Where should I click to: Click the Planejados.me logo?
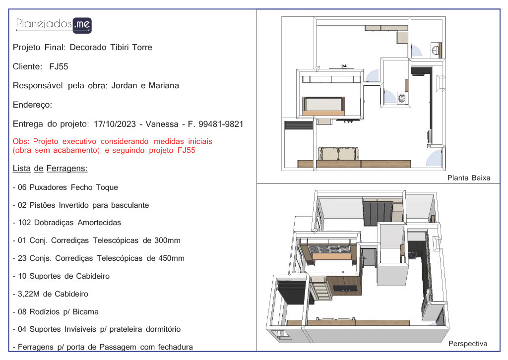click(x=54, y=25)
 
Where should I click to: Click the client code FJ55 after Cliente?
click(x=59, y=66)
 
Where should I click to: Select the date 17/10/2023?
click(x=115, y=124)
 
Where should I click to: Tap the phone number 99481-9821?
click(x=221, y=124)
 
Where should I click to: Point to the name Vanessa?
click(x=162, y=124)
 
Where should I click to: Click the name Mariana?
click(x=164, y=85)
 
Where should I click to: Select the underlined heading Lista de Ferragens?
click(x=50, y=168)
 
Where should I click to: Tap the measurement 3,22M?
click(x=28, y=294)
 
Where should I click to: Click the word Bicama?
click(x=85, y=312)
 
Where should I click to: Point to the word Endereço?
click(x=32, y=105)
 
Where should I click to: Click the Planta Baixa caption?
click(x=468, y=178)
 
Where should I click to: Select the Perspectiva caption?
click(x=467, y=344)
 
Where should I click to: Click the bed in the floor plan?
click(x=323, y=106)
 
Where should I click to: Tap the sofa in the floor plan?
click(x=338, y=154)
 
